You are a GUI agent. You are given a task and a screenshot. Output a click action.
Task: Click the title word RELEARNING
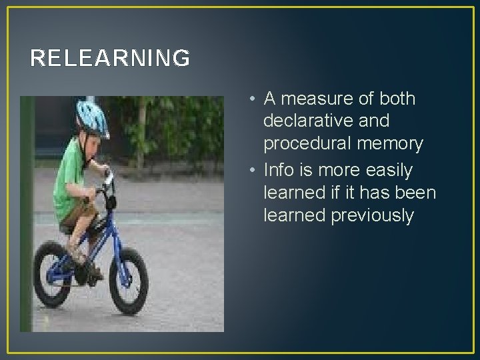coord(110,59)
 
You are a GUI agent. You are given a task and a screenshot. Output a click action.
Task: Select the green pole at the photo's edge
coord(27,213)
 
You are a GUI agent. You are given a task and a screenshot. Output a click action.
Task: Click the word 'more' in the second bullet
coord(335,170)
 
